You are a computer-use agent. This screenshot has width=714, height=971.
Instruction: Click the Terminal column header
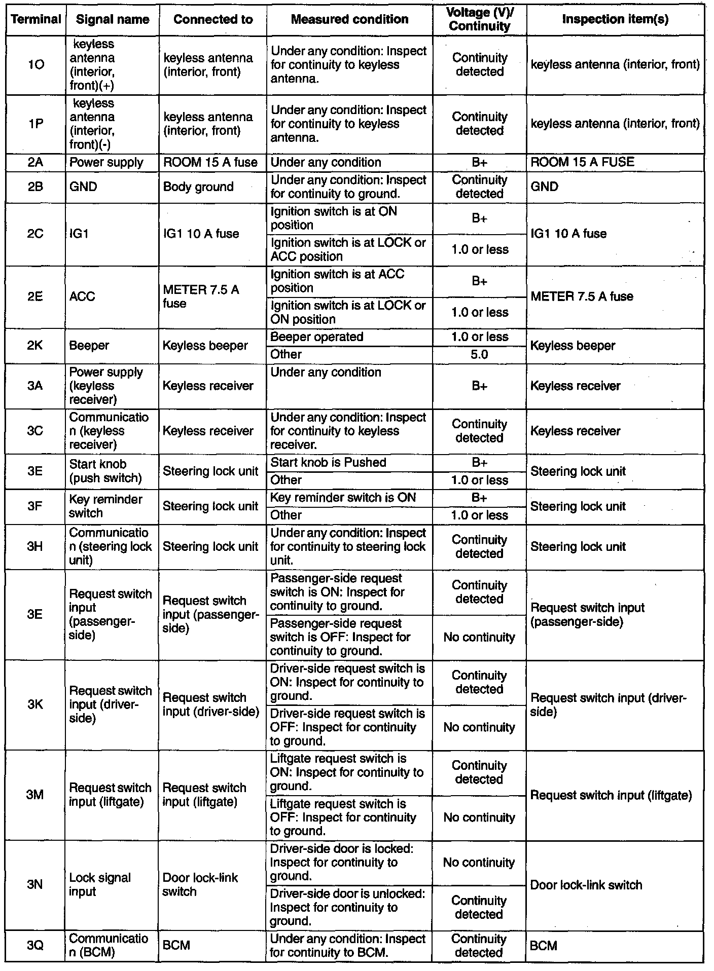click(x=35, y=20)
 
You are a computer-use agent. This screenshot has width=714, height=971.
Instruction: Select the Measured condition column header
click(x=349, y=19)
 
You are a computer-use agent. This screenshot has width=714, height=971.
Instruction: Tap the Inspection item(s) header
click(x=615, y=19)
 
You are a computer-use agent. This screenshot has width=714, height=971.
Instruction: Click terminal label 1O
click(x=35, y=65)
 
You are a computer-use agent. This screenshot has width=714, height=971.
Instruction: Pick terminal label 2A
click(x=35, y=163)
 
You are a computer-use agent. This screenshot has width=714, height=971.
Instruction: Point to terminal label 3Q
click(x=35, y=946)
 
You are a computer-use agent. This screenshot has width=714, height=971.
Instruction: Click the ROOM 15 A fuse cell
click(x=210, y=163)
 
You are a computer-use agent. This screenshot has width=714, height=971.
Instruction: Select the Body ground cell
click(x=198, y=187)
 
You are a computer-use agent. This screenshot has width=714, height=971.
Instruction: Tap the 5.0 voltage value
click(x=479, y=355)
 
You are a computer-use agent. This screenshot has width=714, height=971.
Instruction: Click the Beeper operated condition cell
click(x=317, y=338)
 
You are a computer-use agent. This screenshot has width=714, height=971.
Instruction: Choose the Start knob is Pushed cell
click(x=328, y=463)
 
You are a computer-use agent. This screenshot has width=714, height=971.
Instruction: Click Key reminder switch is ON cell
click(x=343, y=498)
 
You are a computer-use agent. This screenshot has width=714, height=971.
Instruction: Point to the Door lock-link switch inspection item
click(x=586, y=885)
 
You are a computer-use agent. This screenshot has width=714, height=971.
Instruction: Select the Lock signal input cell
click(x=100, y=884)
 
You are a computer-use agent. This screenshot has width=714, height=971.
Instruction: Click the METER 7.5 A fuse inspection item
click(x=582, y=296)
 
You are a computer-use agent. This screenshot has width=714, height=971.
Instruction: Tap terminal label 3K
click(x=35, y=704)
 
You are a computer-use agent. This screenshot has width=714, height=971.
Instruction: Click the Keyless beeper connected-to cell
click(x=205, y=346)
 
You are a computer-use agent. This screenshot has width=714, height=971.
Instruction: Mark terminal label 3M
click(x=35, y=795)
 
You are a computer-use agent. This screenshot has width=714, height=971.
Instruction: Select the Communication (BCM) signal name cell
click(x=109, y=946)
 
